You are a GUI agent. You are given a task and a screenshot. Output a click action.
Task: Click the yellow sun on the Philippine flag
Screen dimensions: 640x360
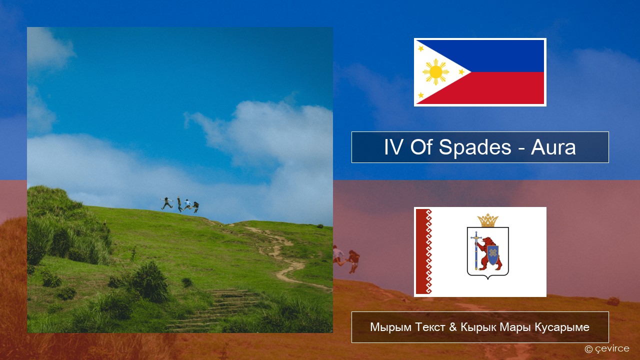tap(435, 72)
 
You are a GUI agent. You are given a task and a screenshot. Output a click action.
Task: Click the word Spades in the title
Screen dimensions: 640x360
tap(474, 147)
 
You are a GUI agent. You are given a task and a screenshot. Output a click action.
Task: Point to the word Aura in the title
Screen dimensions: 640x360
tap(553, 147)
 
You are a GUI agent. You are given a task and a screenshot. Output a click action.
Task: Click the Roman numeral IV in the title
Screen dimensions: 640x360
tap(394, 147)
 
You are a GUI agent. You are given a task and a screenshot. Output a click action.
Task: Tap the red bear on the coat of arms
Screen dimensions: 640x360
tap(489, 253)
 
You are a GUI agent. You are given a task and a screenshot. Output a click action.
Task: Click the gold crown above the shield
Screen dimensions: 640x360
tap(487, 220)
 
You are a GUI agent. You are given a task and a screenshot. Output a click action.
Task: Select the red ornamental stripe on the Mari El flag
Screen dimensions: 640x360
tap(423, 251)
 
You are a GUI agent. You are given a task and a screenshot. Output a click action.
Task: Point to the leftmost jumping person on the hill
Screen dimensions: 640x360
tap(166, 203)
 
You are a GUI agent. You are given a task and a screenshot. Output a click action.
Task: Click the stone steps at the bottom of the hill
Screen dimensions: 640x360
tap(214, 310)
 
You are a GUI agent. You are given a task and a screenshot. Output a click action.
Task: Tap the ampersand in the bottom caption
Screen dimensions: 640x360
tap(453, 327)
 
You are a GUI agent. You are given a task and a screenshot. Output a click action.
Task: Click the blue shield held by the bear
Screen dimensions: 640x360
tap(493, 255)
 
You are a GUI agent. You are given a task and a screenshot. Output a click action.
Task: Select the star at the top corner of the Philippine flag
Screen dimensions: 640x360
tap(421, 48)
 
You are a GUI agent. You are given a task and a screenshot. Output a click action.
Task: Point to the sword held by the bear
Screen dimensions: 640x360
tap(476, 250)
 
